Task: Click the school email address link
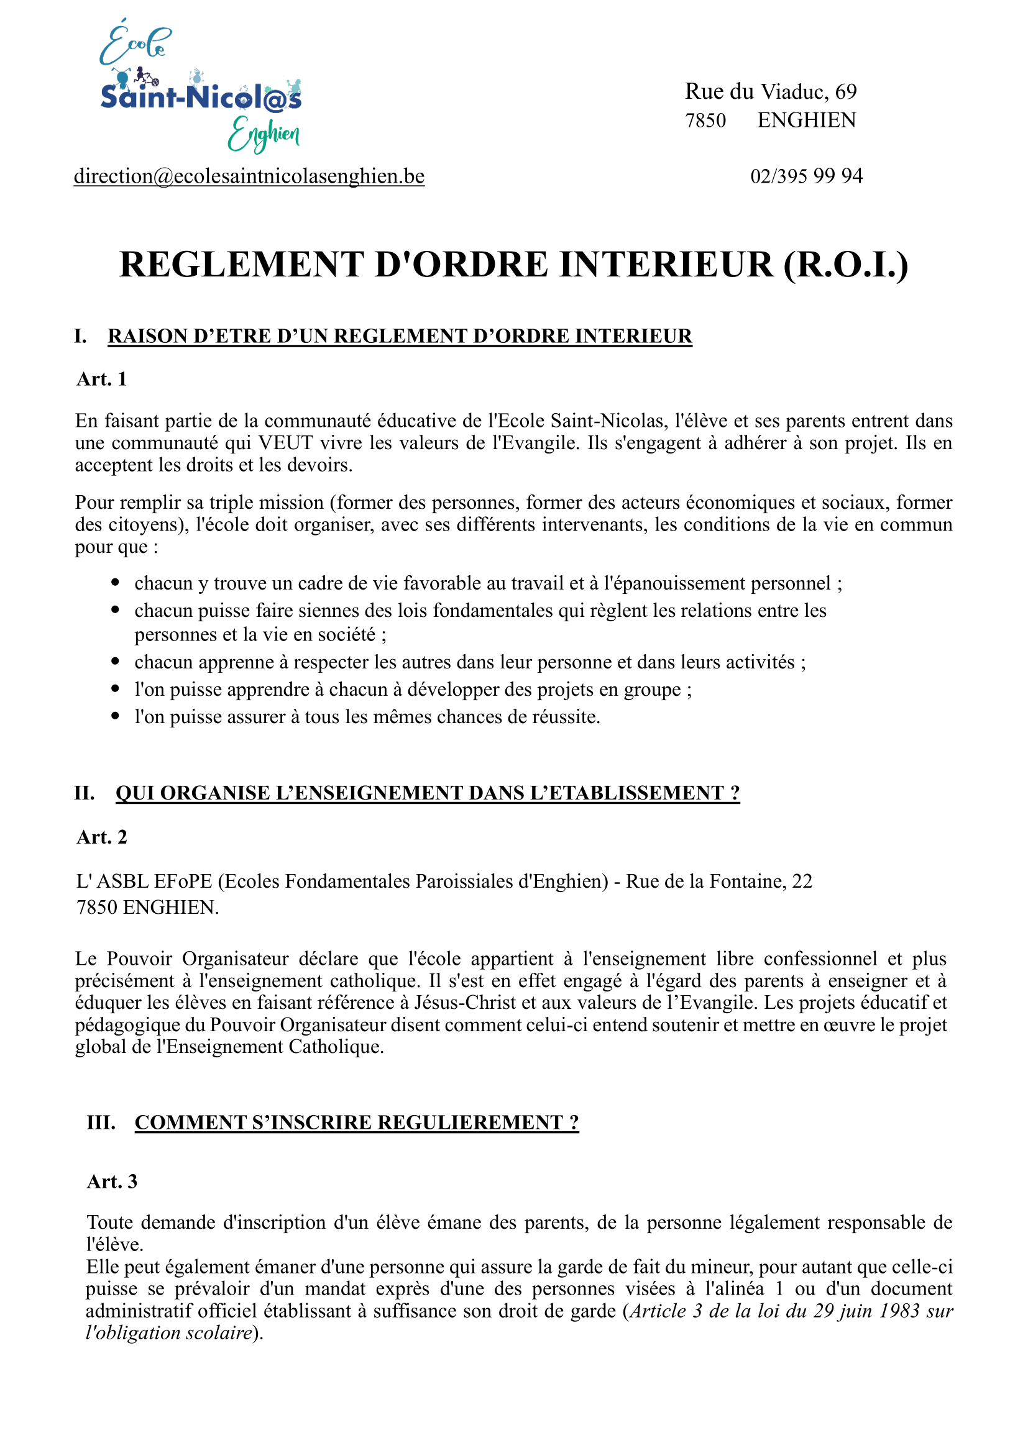pos(249,176)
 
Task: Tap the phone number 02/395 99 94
pos(806,176)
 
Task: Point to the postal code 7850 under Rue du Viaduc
pos(705,121)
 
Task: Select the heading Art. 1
pos(102,379)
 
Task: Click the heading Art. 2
pos(102,837)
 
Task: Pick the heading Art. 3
pos(112,1182)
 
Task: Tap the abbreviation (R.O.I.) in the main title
pos(845,265)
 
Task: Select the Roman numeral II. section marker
pos(84,793)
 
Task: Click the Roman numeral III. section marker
pos(101,1122)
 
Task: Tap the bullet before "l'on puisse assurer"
pos(115,716)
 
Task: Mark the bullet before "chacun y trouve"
pos(115,583)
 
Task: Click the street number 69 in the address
pos(846,92)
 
